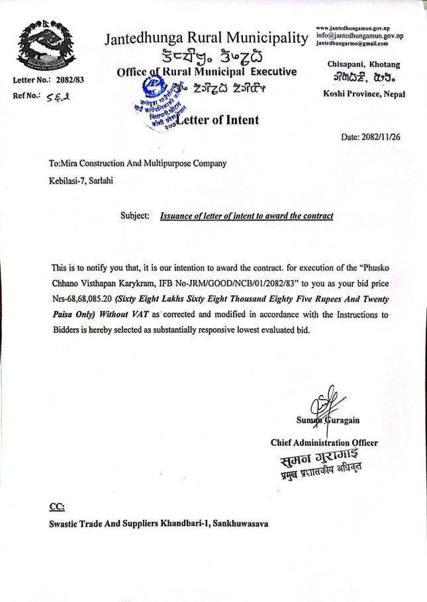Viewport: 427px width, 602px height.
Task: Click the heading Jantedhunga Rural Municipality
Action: [206, 38]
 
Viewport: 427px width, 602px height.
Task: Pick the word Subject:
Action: [135, 216]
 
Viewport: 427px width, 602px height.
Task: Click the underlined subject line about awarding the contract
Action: [246, 216]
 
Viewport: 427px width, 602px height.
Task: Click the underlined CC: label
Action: [57, 507]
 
